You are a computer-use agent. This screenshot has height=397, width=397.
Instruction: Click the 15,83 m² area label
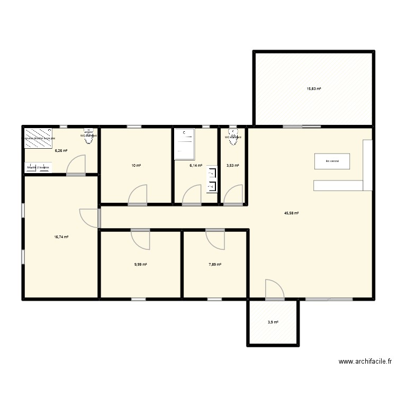pyautogui.click(x=314, y=89)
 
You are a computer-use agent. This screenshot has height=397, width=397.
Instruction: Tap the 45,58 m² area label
pyautogui.click(x=291, y=213)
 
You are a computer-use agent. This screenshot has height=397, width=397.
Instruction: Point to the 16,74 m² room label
pyautogui.click(x=61, y=238)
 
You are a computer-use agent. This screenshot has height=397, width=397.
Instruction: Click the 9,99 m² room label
pyautogui.click(x=140, y=265)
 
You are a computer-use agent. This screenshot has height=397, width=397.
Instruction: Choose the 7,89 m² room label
pyautogui.click(x=214, y=265)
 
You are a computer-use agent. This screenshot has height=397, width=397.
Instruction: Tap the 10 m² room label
pyautogui.click(x=136, y=166)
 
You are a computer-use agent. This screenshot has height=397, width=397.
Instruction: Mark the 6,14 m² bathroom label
pyautogui.click(x=196, y=166)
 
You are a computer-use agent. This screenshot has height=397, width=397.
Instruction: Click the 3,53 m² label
pyautogui.click(x=233, y=166)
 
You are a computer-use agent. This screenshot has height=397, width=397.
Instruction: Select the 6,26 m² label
pyautogui.click(x=61, y=150)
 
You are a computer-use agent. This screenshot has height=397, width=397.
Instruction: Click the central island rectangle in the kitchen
pyautogui.click(x=332, y=161)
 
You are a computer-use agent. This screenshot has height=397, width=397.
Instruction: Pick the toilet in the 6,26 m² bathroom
pyautogui.click(x=88, y=133)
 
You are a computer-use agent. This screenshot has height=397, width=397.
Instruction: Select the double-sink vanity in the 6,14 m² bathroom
pyautogui.click(x=213, y=179)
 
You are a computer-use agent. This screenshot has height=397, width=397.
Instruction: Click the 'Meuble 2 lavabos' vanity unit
pyautogui.click(x=38, y=168)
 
